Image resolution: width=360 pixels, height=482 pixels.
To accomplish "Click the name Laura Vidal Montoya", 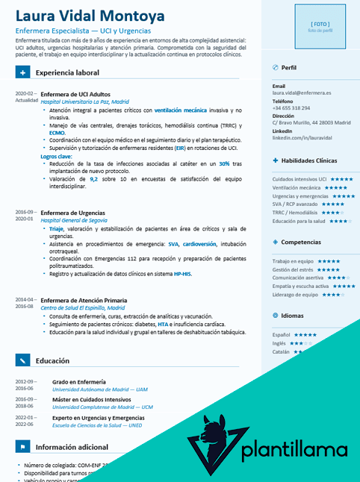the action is (90, 16).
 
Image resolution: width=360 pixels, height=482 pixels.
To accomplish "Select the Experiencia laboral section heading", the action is (66, 73).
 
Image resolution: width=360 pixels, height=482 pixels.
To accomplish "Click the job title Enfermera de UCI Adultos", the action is (75, 95).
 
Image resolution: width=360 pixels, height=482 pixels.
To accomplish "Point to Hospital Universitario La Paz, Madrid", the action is (84, 101).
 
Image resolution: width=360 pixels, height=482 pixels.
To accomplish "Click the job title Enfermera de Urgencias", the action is (72, 213).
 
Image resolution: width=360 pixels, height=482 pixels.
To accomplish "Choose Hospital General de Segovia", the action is (74, 220).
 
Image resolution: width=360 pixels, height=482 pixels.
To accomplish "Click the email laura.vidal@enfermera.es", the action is (302, 93).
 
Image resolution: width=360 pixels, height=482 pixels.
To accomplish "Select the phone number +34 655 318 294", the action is (291, 108).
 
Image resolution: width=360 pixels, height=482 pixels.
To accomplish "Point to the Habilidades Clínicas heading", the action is (309, 160).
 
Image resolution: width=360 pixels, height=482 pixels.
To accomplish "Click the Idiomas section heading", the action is (293, 316).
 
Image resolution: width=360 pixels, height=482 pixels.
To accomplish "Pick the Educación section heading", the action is (52, 361).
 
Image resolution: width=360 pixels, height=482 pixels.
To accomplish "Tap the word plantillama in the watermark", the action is (295, 450).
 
